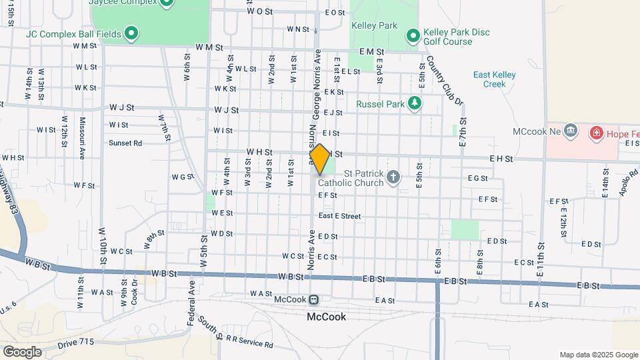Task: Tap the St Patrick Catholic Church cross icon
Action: tap(393, 177)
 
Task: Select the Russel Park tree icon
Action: tap(415, 103)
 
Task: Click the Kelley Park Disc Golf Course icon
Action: tap(413, 34)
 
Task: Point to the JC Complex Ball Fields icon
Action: tap(132, 32)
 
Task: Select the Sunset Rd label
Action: tap(125, 143)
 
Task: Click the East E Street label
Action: tap(339, 216)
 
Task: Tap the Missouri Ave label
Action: tap(82, 139)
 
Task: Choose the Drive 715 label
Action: tap(76, 343)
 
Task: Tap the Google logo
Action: tap(22, 351)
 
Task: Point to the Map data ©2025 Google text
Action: tap(598, 355)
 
